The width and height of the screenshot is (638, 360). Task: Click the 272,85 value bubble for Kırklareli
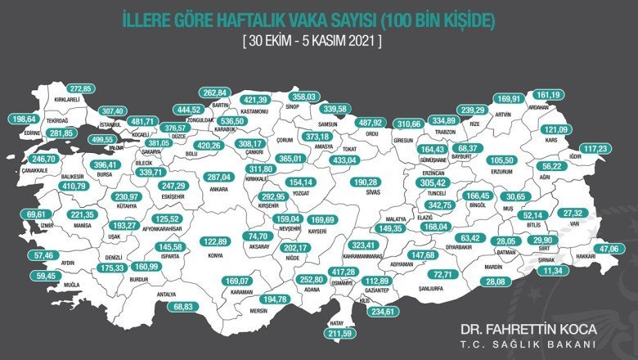[x=81, y=88]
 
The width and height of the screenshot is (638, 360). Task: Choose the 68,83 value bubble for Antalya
[x=188, y=306]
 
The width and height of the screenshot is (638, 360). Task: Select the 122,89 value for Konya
[x=215, y=241]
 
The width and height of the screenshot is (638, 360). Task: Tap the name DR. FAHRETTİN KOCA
[x=528, y=329]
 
